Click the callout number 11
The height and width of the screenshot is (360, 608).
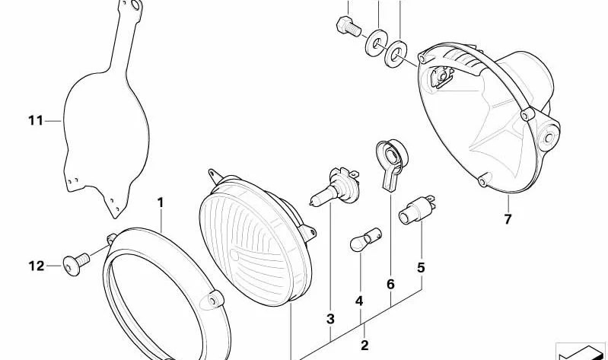[36, 121]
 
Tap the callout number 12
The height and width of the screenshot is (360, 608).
[37, 266]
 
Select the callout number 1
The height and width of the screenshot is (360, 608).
[161, 202]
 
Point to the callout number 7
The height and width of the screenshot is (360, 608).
[508, 219]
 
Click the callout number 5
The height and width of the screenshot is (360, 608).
[421, 268]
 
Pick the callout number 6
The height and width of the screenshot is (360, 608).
[390, 285]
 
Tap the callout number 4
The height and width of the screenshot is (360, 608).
[359, 301]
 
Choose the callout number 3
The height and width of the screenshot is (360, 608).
[330, 319]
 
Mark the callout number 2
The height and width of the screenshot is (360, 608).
[364, 346]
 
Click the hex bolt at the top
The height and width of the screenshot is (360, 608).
[349, 27]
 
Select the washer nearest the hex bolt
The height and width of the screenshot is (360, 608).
[376, 43]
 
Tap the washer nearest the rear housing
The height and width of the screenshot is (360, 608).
[396, 54]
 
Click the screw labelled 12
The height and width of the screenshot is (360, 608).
[76, 263]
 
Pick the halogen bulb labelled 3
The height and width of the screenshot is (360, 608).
[335, 186]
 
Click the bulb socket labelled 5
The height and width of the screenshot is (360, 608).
[417, 210]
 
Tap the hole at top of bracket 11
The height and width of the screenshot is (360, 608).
[135, 5]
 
